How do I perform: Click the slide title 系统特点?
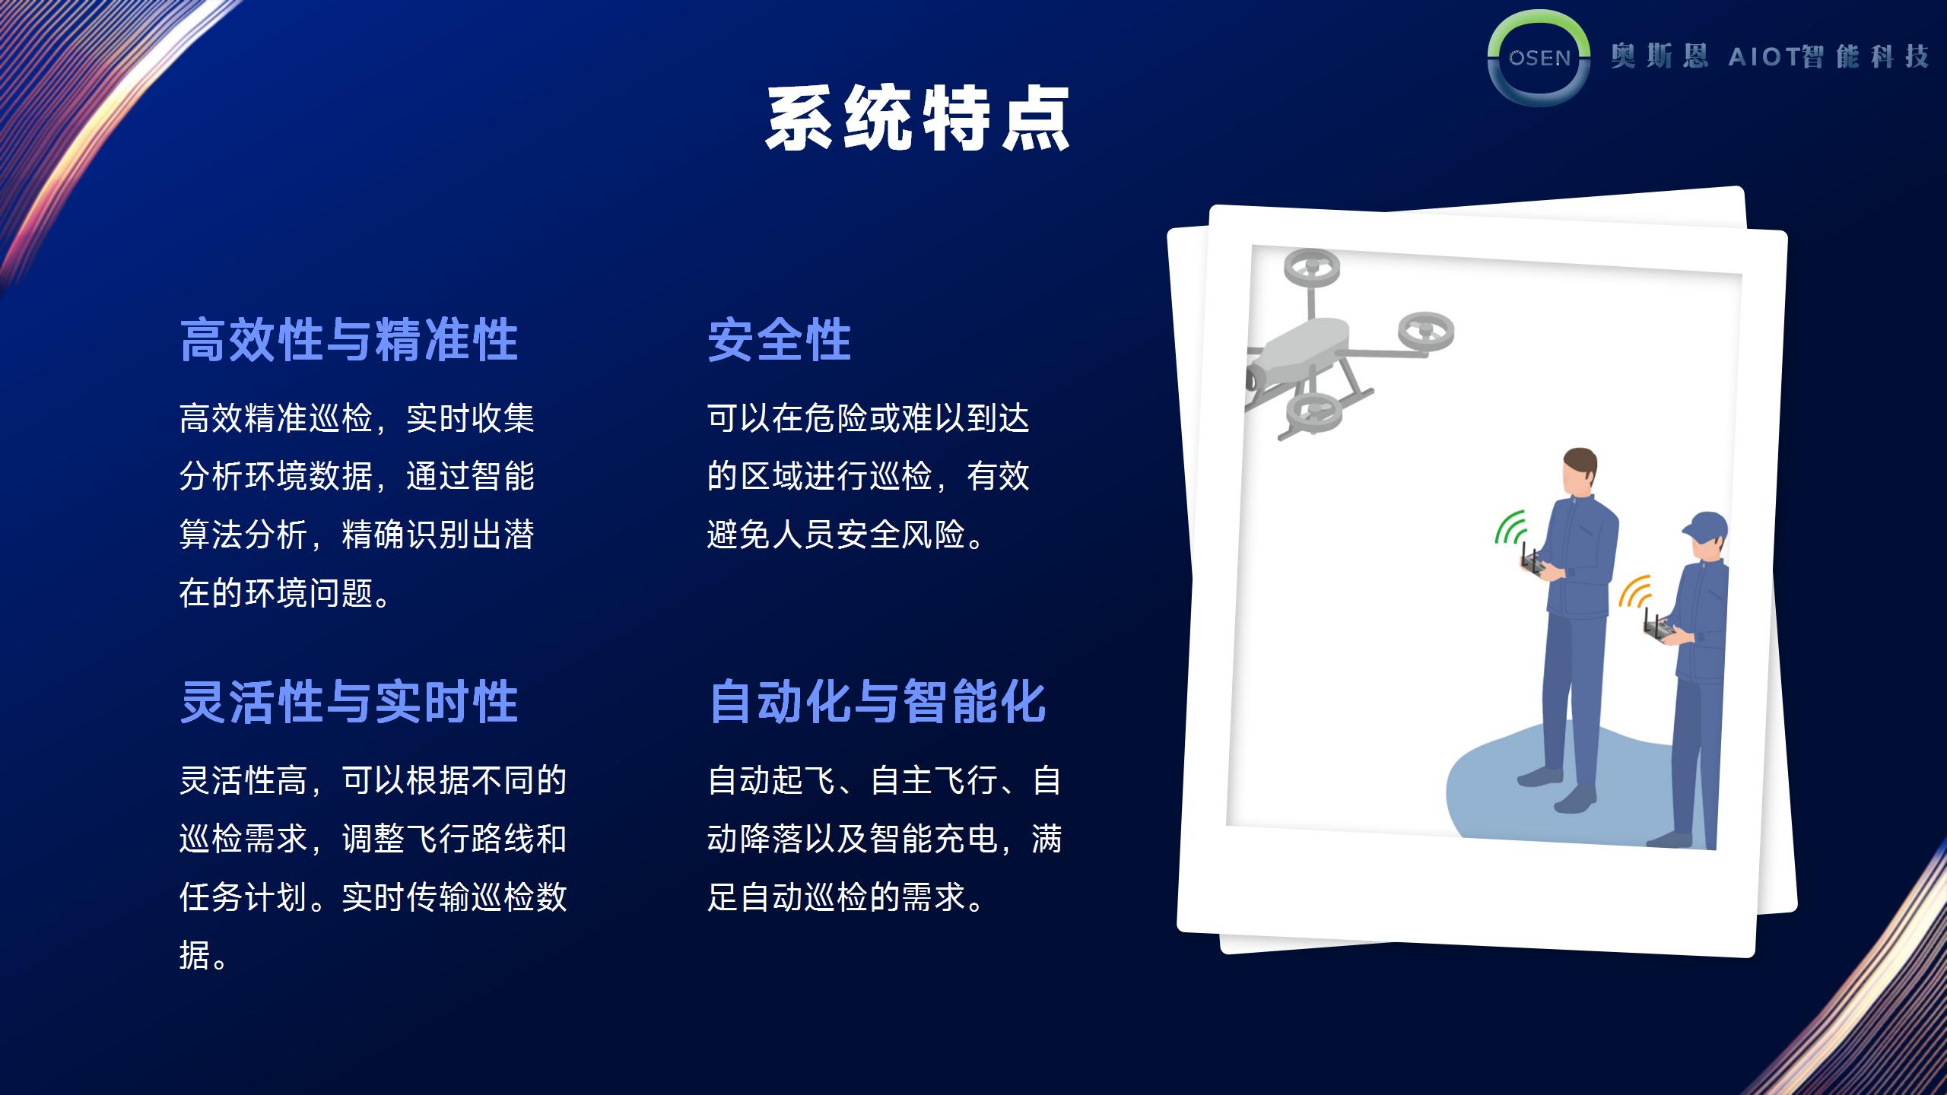918,118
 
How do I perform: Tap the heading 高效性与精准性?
349,339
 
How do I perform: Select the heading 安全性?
780,339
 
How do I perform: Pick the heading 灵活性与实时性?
349,701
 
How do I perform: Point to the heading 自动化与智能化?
878,701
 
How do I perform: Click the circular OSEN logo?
1539,58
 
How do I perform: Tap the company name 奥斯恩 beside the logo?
1659,56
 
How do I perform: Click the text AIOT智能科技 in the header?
1828,56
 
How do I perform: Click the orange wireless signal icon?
1634,592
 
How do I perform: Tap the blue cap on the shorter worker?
1705,525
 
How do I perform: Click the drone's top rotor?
1312,268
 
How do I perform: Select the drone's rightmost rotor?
1426,332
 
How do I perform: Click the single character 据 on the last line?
195,955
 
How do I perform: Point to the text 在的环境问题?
277,593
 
